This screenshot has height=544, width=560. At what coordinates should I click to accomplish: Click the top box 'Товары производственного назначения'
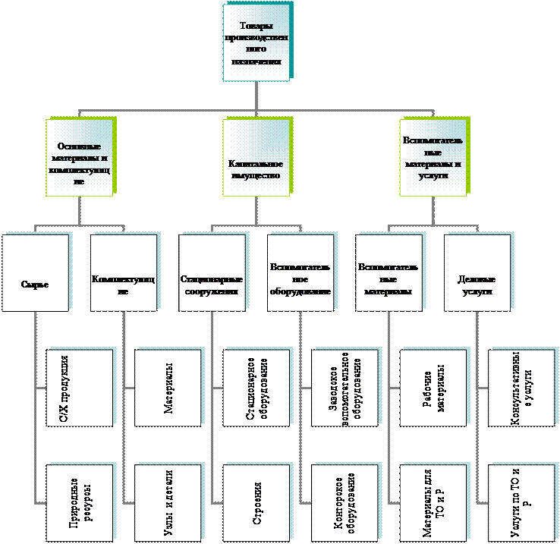(256, 43)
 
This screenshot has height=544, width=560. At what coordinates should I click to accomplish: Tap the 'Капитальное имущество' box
(256, 159)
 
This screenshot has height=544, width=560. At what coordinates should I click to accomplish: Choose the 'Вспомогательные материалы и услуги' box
(433, 159)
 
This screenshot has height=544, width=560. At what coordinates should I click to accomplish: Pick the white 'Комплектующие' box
(123, 272)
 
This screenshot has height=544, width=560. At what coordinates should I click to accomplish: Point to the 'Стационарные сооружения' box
(212, 272)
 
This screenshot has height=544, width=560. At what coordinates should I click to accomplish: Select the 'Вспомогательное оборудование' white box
(300, 272)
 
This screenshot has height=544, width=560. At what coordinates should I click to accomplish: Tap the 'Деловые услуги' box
(476, 272)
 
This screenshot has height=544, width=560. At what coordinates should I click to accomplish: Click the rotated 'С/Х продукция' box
(78, 388)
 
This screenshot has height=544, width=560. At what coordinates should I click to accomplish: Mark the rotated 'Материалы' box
(167, 388)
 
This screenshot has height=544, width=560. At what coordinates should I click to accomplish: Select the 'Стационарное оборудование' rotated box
(256, 388)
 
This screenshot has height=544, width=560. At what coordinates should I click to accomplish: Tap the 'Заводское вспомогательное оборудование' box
(344, 388)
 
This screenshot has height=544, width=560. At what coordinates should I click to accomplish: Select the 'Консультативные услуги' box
(521, 388)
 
